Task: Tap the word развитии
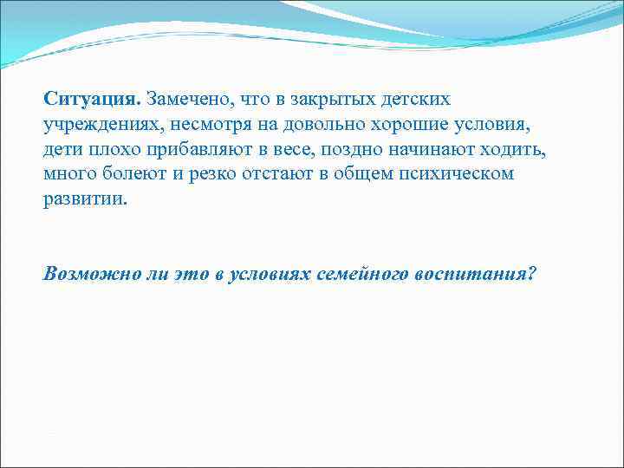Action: point(84,198)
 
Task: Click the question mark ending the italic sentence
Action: point(531,274)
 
